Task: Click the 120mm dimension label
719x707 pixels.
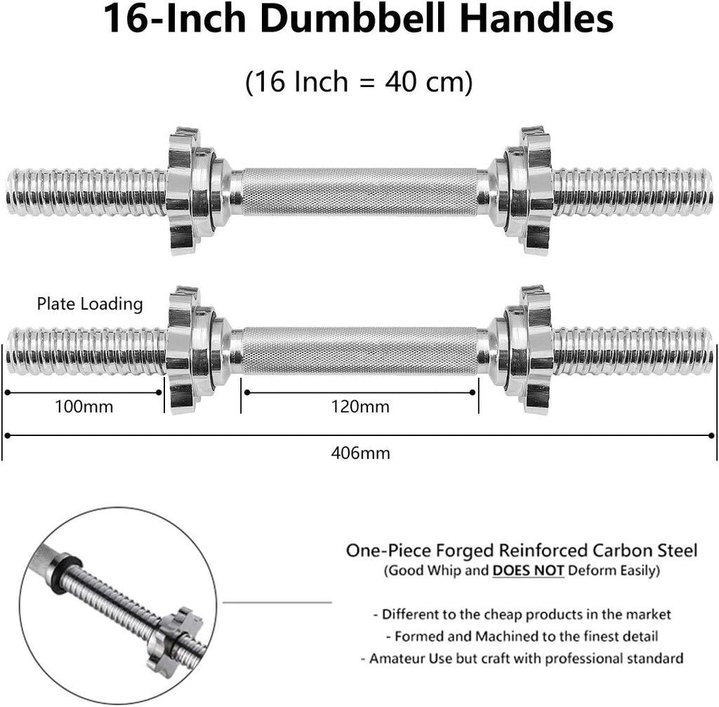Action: click(359, 406)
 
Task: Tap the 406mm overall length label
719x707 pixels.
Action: click(359, 453)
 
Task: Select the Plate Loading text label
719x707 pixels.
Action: click(89, 304)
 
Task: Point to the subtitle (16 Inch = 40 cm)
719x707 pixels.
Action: click(359, 83)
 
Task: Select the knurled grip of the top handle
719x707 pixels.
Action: click(359, 192)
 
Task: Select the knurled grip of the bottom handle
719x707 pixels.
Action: click(359, 350)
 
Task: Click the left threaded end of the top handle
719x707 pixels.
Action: click(84, 192)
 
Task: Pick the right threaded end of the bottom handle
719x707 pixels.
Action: click(632, 350)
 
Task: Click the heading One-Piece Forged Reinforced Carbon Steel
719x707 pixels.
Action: click(522, 550)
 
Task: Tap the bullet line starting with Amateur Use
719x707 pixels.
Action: click(522, 659)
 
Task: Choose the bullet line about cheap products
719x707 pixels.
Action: click(522, 614)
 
